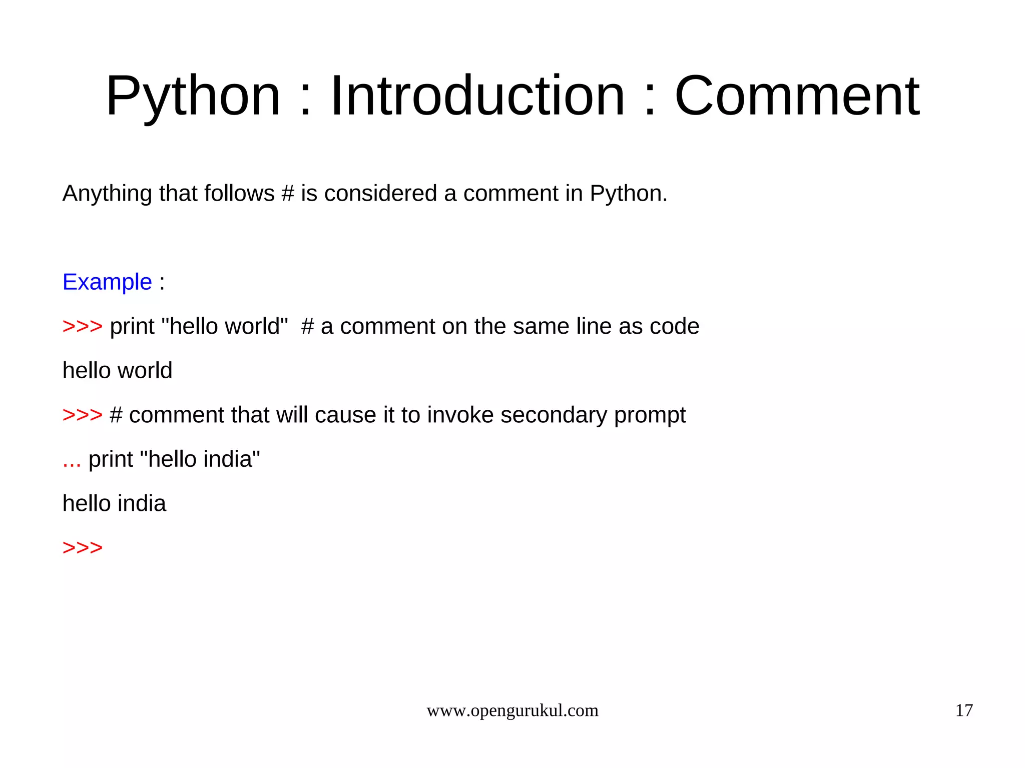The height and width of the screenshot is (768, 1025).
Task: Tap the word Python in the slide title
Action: [x=193, y=96]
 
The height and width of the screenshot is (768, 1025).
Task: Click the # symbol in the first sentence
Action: [x=287, y=194]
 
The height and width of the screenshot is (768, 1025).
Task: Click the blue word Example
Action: [x=107, y=282]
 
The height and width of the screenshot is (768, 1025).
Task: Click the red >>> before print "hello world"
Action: [x=83, y=326]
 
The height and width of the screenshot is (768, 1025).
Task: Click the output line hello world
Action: [x=117, y=371]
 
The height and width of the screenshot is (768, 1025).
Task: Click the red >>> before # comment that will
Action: [x=83, y=415]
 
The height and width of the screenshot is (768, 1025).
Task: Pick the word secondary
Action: [x=554, y=415]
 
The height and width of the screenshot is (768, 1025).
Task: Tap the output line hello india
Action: [x=114, y=503]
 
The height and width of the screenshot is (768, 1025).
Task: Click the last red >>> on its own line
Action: [x=83, y=548]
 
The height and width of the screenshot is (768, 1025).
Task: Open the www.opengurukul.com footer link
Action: [x=512, y=710]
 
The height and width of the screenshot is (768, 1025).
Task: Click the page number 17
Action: [x=964, y=710]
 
